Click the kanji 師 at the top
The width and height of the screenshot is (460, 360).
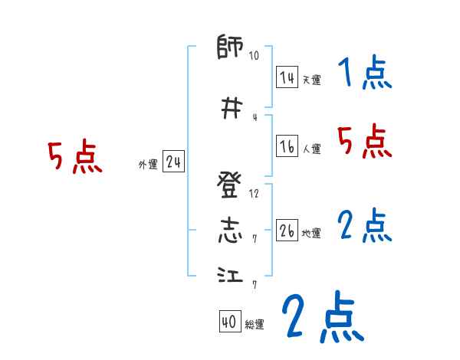(x=231, y=48)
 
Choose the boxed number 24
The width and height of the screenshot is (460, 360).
(x=173, y=162)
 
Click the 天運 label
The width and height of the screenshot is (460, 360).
(x=311, y=80)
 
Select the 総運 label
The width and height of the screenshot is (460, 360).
(x=255, y=325)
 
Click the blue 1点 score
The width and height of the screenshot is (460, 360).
(x=364, y=74)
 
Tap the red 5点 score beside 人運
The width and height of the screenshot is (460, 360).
(x=364, y=142)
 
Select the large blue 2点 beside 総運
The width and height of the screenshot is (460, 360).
(x=322, y=318)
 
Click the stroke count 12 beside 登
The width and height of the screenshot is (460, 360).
(x=254, y=194)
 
